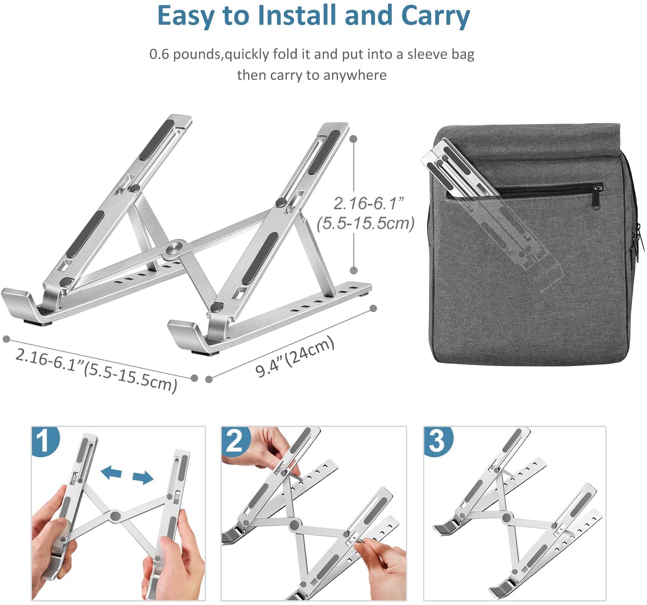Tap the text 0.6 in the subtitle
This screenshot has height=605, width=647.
click(x=159, y=54)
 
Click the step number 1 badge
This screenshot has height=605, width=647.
click(x=45, y=441)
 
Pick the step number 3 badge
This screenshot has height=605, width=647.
click(x=438, y=441)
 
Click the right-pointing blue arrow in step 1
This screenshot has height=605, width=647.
click(x=143, y=478)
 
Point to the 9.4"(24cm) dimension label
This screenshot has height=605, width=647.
click(x=295, y=357)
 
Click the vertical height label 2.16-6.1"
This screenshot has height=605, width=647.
click(x=369, y=203)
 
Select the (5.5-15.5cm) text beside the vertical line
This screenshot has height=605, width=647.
click(x=366, y=223)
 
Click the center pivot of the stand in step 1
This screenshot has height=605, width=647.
click(x=115, y=516)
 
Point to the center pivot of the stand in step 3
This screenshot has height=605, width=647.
click(x=506, y=517)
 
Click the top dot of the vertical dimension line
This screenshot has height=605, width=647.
click(x=353, y=139)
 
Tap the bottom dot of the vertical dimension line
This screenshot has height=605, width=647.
click(x=353, y=270)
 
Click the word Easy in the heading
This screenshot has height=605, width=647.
click(x=187, y=16)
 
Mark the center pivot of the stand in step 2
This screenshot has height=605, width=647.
click(x=295, y=525)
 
